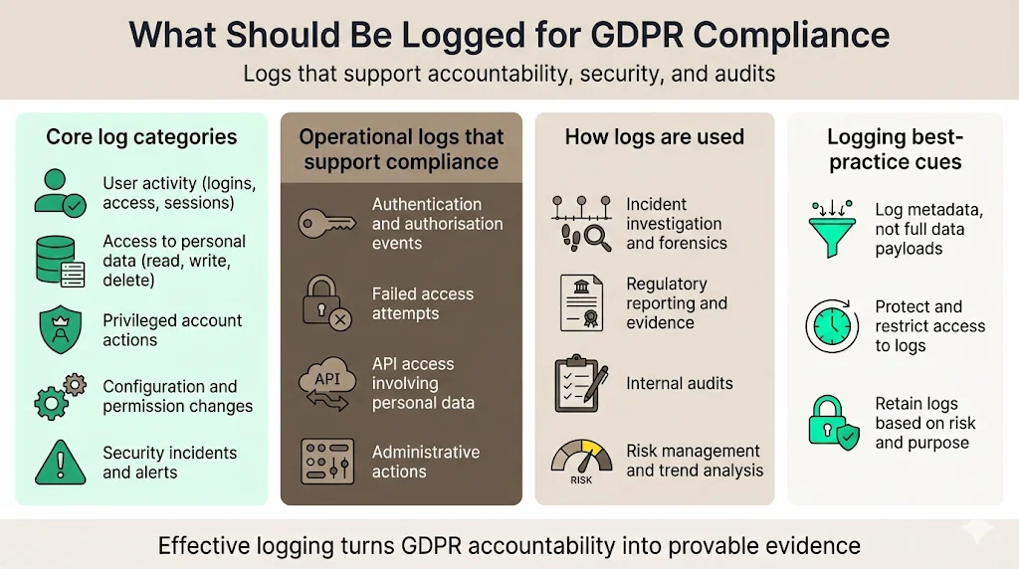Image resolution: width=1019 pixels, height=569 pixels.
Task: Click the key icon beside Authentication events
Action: [327, 223]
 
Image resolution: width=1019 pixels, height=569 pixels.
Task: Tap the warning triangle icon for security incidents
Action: [61, 463]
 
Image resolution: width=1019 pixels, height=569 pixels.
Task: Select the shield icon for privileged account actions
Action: [61, 329]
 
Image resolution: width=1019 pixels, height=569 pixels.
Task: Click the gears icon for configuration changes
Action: [61, 396]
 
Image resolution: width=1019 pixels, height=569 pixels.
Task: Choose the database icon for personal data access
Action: [61, 261]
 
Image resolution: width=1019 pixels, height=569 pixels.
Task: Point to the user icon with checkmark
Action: [61, 193]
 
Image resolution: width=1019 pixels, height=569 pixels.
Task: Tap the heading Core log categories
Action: [141, 137]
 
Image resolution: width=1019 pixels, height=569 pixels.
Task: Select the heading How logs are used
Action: [654, 137]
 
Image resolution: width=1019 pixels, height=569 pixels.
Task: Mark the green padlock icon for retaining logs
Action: [832, 422]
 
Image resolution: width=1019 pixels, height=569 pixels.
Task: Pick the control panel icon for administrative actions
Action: [327, 461]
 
